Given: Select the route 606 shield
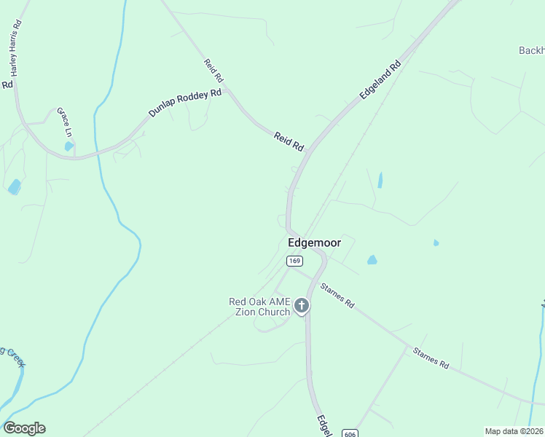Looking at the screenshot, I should point(350,433).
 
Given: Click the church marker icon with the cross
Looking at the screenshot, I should point(302,307).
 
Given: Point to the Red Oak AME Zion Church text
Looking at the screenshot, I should point(259,307).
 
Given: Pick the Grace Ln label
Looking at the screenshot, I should point(65,122).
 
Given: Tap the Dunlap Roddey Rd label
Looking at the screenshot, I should point(184,103).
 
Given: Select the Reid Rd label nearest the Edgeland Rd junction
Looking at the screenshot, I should point(289,141).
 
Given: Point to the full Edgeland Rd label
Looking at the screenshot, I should point(380,80).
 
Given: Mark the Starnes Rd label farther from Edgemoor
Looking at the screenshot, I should point(431,359).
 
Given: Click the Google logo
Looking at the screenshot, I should point(24,428).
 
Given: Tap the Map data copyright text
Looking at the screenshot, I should point(514,431).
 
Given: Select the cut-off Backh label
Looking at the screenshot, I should point(531,51).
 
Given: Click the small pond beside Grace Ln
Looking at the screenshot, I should point(68,146).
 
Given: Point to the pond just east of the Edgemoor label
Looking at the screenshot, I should point(372,259).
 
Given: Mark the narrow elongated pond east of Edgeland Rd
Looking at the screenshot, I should point(380,180).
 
